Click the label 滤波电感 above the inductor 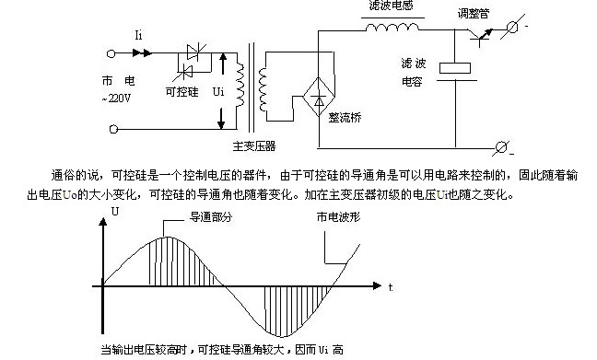point(391,5)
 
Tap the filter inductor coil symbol point(392,27)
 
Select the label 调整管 point(474,14)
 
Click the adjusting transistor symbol point(481,36)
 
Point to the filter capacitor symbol point(455,73)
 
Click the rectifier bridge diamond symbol point(319,97)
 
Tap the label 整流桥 point(345,118)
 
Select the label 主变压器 point(254,146)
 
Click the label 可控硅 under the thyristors point(181,92)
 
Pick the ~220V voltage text point(116,99)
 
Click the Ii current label point(138,35)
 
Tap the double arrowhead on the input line point(142,53)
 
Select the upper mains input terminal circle point(111,53)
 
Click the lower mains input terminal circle point(113,130)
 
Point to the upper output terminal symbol point(512,28)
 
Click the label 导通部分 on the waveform point(211,217)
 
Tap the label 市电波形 point(338,217)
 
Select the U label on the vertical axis point(114,211)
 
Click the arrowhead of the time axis point(377,285)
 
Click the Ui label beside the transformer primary point(218,92)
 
